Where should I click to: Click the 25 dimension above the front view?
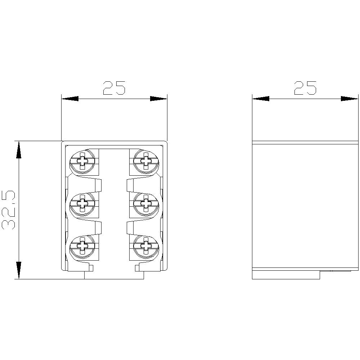(114, 88)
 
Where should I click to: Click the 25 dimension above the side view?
(305, 88)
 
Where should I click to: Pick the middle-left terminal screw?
(82, 204)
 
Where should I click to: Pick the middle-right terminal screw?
(146, 204)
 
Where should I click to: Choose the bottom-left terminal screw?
(82, 247)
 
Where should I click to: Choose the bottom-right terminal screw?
(146, 247)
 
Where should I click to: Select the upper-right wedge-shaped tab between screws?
(131, 185)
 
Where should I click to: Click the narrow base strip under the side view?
(286, 275)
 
